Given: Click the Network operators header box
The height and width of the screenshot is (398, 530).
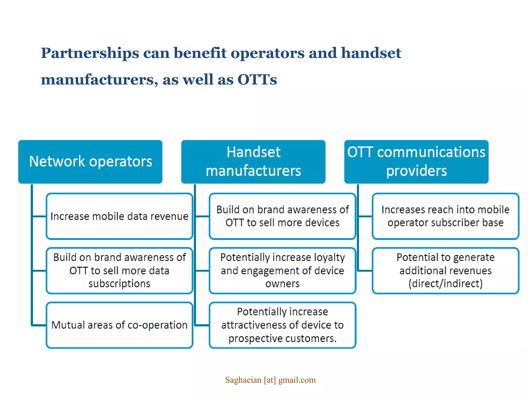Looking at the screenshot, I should tap(90, 162).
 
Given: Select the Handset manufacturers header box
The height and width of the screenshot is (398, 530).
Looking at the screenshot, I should tap(253, 162).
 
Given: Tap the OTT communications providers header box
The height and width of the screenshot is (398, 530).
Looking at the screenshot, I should tap(416, 162).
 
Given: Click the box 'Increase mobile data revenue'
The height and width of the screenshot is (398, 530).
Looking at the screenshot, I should tap(119, 216).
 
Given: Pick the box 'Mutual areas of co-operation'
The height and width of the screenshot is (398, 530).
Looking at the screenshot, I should tap(119, 325).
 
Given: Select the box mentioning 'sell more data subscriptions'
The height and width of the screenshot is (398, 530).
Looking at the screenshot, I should tap(119, 271).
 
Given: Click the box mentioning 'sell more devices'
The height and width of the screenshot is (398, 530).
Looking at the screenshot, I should tap(282, 216).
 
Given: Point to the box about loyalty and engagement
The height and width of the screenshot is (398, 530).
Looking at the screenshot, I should tap(282, 271).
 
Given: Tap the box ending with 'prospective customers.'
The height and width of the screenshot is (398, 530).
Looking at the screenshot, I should tap(282, 325).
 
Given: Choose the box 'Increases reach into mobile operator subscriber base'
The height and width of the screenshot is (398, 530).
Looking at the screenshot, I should tap(445, 216).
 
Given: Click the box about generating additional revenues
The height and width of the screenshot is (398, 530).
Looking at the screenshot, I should tap(445, 271).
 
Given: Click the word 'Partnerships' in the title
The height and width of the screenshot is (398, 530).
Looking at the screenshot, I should tap(90, 53).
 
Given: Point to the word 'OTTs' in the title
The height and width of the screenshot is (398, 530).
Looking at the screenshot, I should tap(257, 80).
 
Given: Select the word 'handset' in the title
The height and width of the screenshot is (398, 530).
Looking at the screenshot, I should tap(371, 53).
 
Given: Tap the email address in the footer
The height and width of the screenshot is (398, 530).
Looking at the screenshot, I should tap(270, 380).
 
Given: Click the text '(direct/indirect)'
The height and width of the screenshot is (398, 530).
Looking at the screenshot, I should tap(445, 283).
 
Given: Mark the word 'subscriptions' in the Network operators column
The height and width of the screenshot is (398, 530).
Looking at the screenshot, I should tap(119, 284).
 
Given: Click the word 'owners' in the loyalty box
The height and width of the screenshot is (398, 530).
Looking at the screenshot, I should tap(282, 284).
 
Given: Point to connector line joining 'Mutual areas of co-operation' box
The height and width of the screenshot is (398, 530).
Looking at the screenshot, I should tap(39, 325).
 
